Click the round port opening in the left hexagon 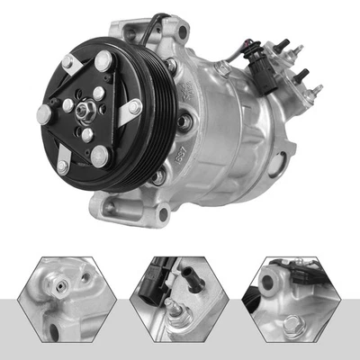[x=59, y=289]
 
